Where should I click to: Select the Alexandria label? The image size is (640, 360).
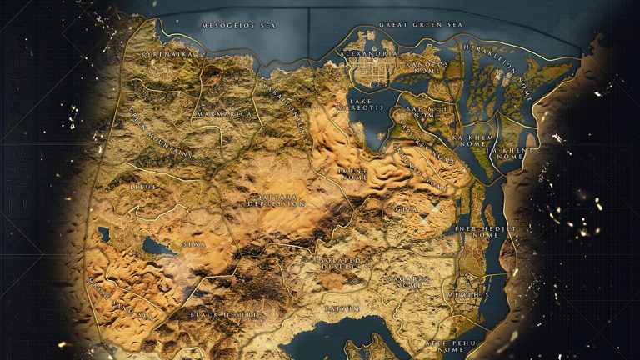pos(367,53)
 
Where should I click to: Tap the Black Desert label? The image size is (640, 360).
pos(224,314)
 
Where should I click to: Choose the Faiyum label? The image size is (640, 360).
pos(342,307)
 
